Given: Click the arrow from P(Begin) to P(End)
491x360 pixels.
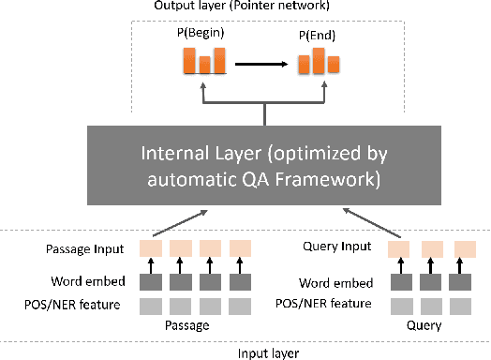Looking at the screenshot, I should coord(260,64).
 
